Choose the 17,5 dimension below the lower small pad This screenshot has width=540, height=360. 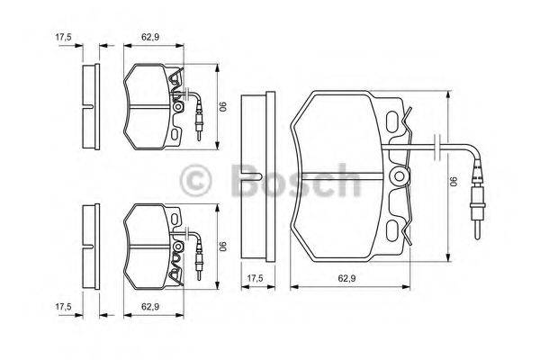point(63,307)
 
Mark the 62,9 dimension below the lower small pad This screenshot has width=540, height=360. point(151,307)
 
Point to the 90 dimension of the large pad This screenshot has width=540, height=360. point(455,180)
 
